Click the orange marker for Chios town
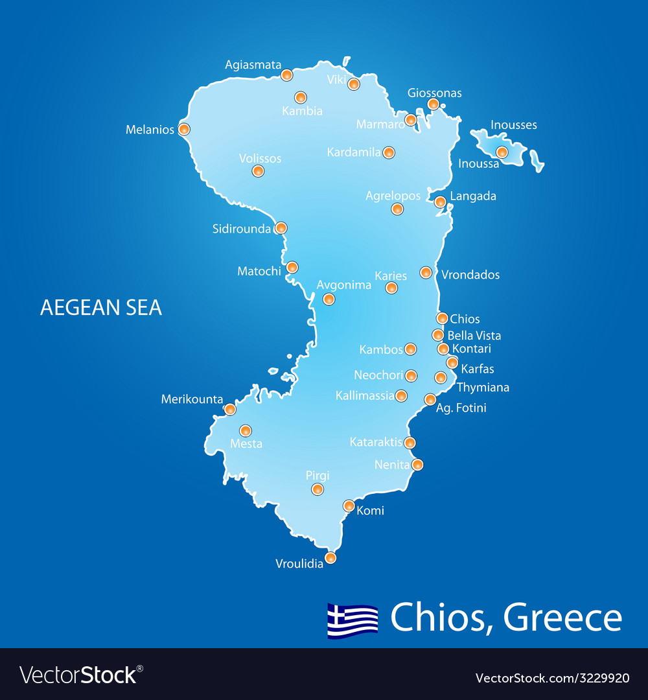(442, 318)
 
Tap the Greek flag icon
(353, 620)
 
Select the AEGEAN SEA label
(101, 307)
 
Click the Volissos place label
(260, 159)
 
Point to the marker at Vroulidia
(330, 557)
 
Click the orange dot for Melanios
(184, 129)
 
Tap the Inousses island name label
(514, 125)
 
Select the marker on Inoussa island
(502, 152)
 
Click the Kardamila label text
(354, 153)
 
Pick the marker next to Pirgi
(318, 489)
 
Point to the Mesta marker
(246, 430)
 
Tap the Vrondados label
(470, 275)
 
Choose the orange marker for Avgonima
(329, 299)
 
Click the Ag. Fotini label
(461, 408)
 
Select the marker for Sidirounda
(281, 228)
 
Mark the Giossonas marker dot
(433, 104)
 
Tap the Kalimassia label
(365, 395)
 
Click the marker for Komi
(349, 506)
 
